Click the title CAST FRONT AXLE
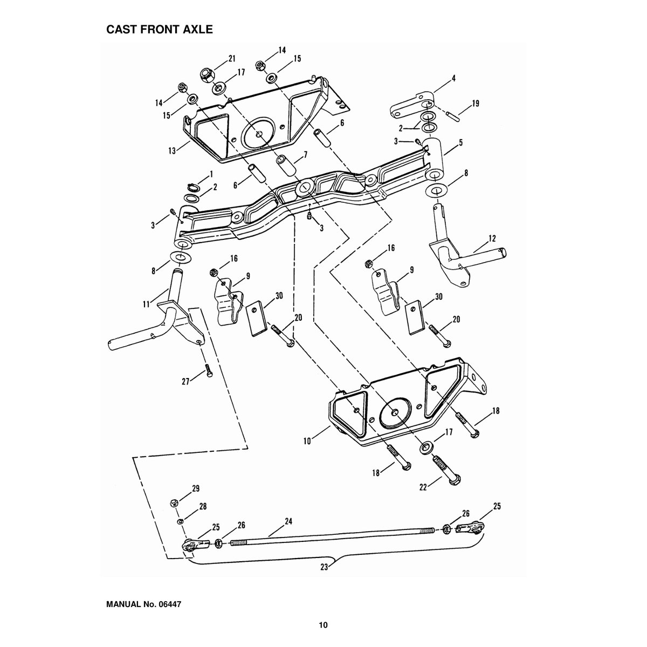160,30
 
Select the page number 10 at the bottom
323,625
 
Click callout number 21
232,58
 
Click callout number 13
172,151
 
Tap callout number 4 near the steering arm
453,78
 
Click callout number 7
305,155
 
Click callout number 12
492,239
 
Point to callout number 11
146,304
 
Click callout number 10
307,441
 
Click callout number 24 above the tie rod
288,521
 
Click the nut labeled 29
174,503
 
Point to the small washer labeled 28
180,521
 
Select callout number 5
461,142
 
